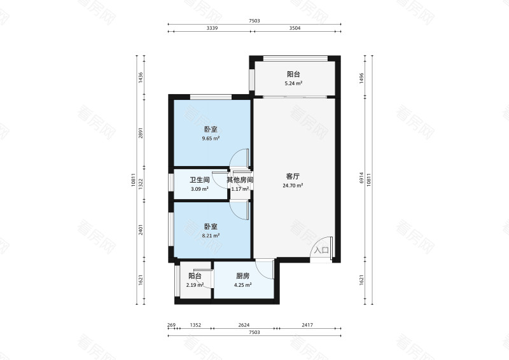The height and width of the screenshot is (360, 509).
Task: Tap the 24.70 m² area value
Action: (x=293, y=186)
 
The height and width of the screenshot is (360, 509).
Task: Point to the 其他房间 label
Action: (x=240, y=180)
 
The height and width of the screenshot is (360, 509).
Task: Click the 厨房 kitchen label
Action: (x=242, y=276)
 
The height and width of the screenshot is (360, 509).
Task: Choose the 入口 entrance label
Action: (x=321, y=251)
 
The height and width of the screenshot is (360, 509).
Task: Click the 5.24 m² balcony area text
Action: (x=293, y=83)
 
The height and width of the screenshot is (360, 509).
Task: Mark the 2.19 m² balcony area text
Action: (x=195, y=285)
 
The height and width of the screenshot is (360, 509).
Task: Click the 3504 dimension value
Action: (x=294, y=29)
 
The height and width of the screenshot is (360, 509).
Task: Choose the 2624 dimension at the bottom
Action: (x=243, y=325)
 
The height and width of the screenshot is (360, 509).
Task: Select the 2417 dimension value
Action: (x=307, y=325)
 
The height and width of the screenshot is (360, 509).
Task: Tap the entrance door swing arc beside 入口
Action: (x=321, y=242)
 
